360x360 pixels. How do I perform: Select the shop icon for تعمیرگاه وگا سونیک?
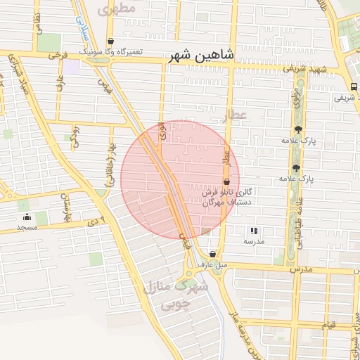tap(111, 41)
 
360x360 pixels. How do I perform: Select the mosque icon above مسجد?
tap(27, 217)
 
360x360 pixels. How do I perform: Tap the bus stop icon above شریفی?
tap(352, 86)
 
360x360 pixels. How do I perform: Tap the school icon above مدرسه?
tap(254, 231)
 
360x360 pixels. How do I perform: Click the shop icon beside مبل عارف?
tap(212, 254)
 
